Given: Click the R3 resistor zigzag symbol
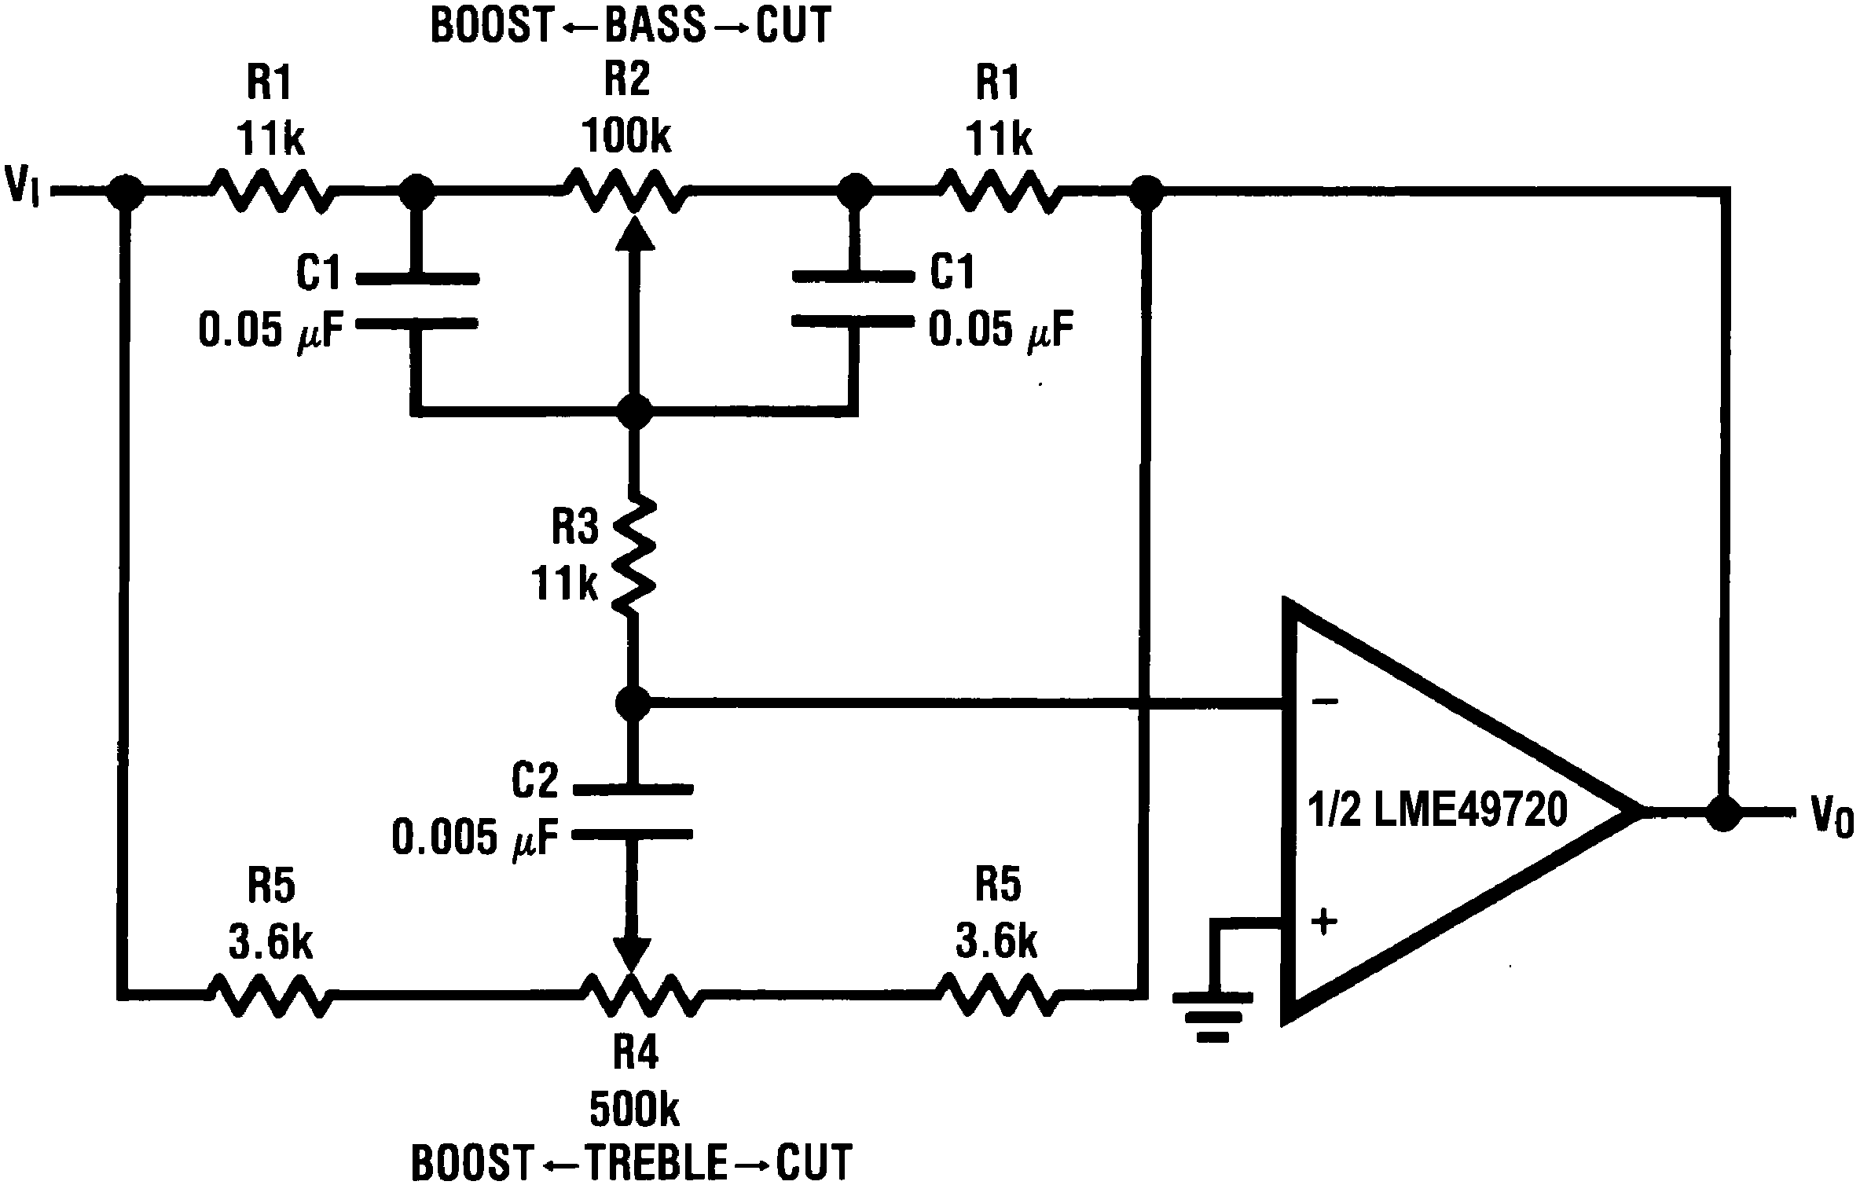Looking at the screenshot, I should tap(633, 554).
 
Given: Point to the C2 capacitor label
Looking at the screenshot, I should tap(535, 780).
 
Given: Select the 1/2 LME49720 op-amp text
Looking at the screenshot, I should tap(1437, 809).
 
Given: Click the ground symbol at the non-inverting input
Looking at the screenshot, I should tap(1213, 1018).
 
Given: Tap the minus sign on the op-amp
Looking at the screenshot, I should tap(1325, 701).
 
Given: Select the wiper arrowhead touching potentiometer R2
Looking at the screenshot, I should tap(633, 234).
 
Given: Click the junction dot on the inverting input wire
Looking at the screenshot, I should tap(633, 703).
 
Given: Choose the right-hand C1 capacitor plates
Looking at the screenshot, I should tap(853, 299).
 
